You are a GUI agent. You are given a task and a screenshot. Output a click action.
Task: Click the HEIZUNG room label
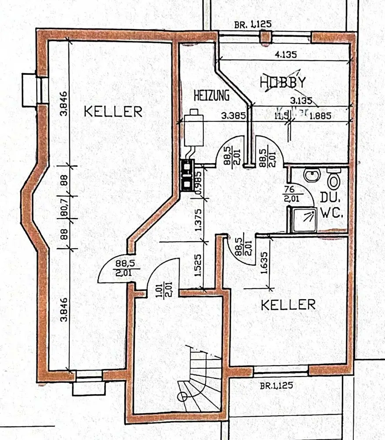tap(212, 94)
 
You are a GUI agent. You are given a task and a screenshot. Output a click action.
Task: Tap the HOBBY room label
tap(283, 82)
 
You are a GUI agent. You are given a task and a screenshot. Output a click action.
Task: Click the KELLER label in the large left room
tap(113, 111)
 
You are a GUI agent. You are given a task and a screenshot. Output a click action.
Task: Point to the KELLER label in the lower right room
tap(288, 304)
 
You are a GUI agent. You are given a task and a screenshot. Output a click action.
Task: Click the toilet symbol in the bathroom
tap(333, 180)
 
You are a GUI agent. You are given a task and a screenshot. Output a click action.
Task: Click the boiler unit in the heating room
tap(193, 130)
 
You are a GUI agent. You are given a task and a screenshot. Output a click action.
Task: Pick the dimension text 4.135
tap(286, 55)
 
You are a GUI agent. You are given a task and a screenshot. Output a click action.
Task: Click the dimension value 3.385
tap(233, 116)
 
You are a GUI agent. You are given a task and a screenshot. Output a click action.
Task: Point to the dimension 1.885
tap(320, 116)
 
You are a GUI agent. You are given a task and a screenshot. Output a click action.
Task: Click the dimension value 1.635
tap(264, 263)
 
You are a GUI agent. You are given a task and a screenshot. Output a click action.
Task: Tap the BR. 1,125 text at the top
tap(253, 25)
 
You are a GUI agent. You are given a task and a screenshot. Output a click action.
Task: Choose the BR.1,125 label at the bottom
tap(276, 386)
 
